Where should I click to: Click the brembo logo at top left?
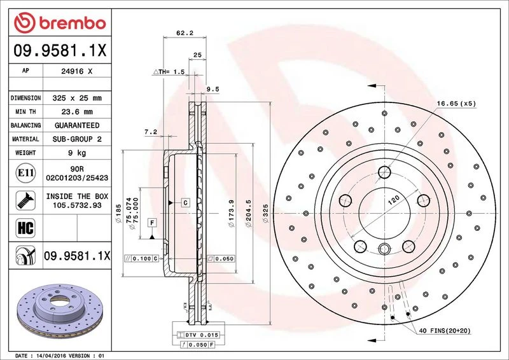click(60, 23)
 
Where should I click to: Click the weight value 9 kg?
click(77, 153)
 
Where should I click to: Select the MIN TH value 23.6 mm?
click(77, 112)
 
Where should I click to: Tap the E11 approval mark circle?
click(25, 173)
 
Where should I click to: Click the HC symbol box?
click(25, 228)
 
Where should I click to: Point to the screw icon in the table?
click(25, 200)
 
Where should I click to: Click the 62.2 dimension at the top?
click(185, 33)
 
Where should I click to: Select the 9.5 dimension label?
click(213, 89)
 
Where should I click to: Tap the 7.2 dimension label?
click(151, 132)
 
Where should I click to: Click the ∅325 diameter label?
click(265, 213)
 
